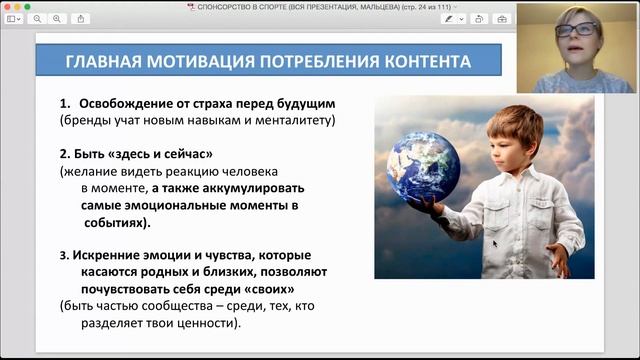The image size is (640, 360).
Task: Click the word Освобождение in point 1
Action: (x=136, y=104)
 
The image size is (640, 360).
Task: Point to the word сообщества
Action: (x=182, y=305)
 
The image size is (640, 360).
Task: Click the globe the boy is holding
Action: (x=423, y=166)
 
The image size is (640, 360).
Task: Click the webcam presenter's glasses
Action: (x=577, y=31)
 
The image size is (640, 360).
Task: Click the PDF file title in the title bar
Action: (x=320, y=6)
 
